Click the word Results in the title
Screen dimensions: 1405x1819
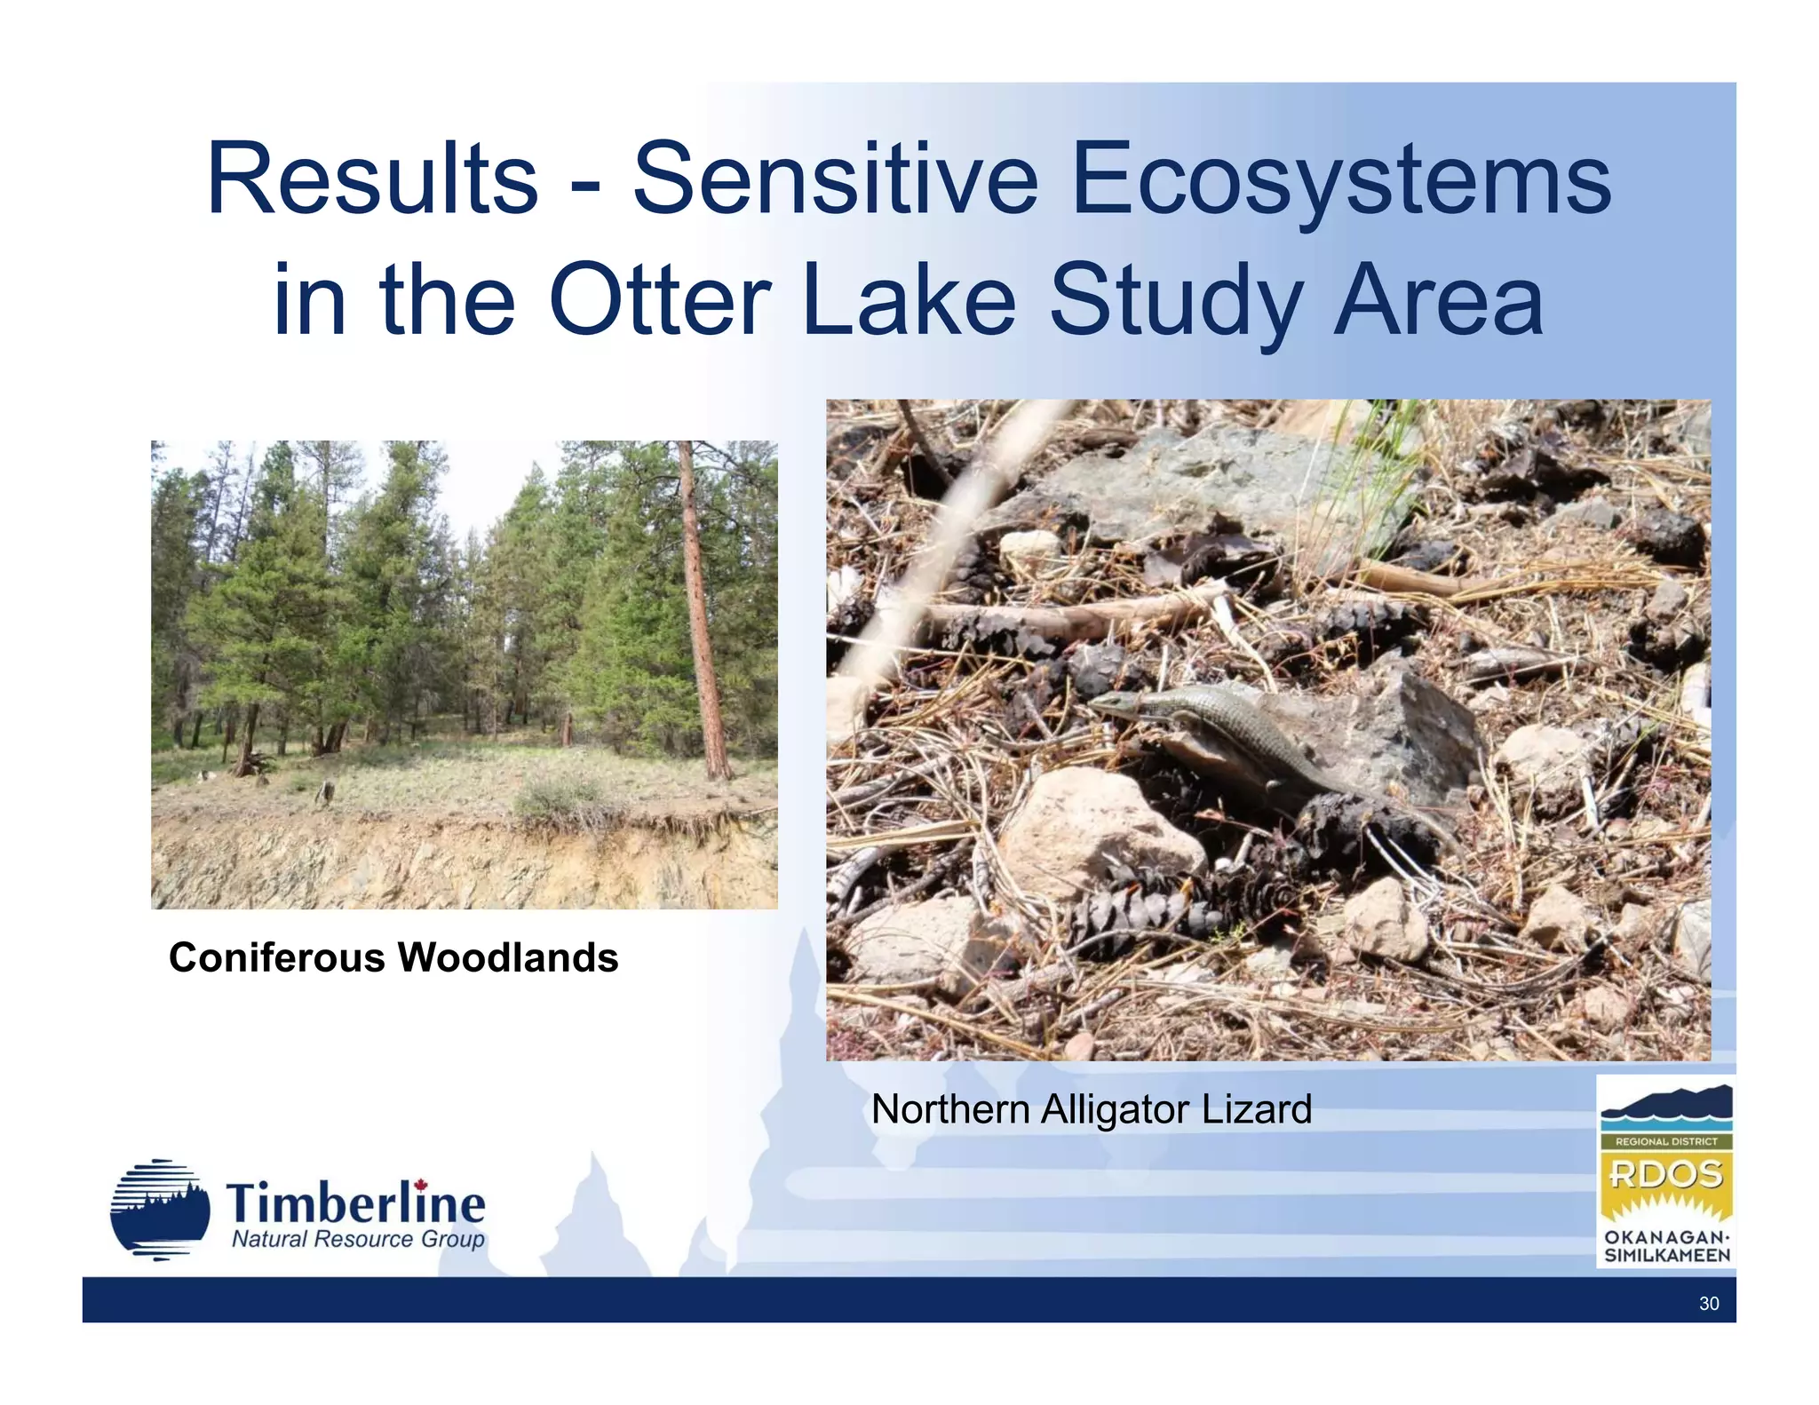pyautogui.click(x=372, y=179)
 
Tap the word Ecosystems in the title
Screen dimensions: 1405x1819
pyautogui.click(x=1340, y=179)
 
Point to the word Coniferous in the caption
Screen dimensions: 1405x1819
pyautogui.click(x=276, y=957)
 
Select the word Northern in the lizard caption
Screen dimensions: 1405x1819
pyautogui.click(x=949, y=1109)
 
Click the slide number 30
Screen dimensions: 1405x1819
pyautogui.click(x=1708, y=1304)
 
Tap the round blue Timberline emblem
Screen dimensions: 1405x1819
pyautogui.click(x=160, y=1210)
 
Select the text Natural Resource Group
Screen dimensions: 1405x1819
pyautogui.click(x=358, y=1240)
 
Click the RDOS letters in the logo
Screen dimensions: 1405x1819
pyautogui.click(x=1666, y=1175)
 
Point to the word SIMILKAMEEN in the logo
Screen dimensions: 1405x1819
pyautogui.click(x=1666, y=1256)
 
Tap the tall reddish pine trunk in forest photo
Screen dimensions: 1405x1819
pyautogui.click(x=701, y=613)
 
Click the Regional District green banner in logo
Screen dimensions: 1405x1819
pyautogui.click(x=1666, y=1141)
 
